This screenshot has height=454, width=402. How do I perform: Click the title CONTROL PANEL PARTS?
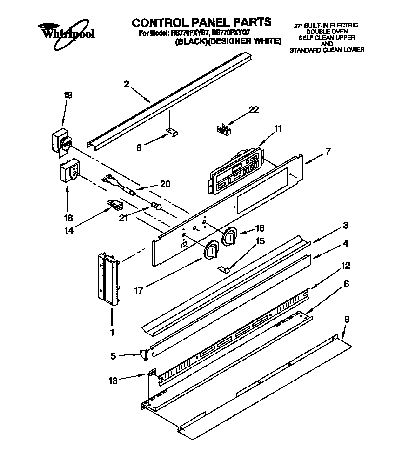[x=201, y=22]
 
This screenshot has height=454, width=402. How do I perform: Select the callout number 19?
[x=67, y=95]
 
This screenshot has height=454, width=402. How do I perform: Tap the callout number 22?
[x=254, y=110]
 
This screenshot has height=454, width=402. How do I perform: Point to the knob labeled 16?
[x=230, y=237]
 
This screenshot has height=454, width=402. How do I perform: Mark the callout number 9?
[x=346, y=320]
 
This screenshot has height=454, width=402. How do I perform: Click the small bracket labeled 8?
[x=171, y=133]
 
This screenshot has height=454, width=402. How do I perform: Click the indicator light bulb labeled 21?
[x=156, y=207]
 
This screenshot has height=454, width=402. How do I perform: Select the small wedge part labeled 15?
[x=224, y=269]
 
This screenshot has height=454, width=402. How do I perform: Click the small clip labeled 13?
[x=151, y=373]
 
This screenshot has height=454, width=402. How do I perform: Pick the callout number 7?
[x=328, y=151]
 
